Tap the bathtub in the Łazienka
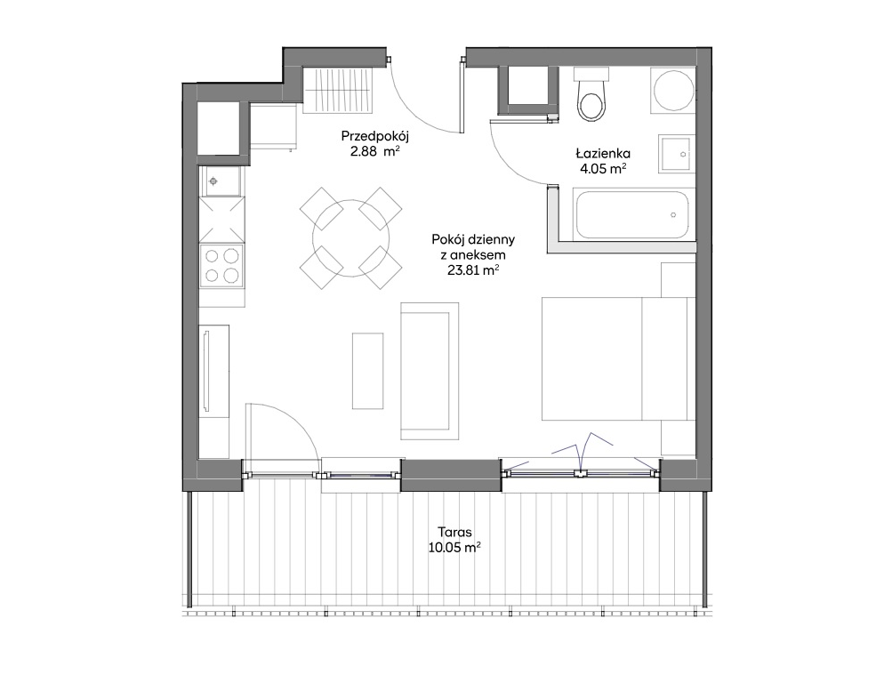click(633, 215)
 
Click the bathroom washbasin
click(677, 154)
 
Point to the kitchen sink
click(221, 181)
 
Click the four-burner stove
click(221, 266)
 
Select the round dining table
click(351, 238)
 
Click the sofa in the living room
click(430, 371)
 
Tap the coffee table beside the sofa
click(367, 371)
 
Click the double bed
click(618, 358)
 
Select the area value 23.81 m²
click(472, 270)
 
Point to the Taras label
click(454, 532)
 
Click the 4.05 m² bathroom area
click(603, 169)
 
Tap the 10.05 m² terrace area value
click(454, 547)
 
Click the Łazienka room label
click(603, 153)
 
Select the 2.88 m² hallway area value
click(375, 151)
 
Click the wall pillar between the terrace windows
click(451, 475)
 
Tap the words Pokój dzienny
click(473, 240)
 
